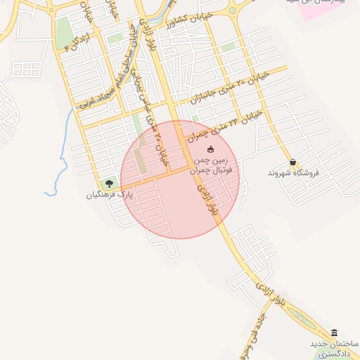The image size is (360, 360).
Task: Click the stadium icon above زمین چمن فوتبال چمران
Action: tap(210, 149)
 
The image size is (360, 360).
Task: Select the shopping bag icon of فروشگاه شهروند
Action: tap(292, 162)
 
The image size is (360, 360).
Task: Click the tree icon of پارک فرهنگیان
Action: tap(108, 183)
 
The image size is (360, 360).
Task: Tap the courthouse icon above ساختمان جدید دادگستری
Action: tap(334, 333)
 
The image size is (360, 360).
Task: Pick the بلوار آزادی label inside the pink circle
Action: tap(208, 199)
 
